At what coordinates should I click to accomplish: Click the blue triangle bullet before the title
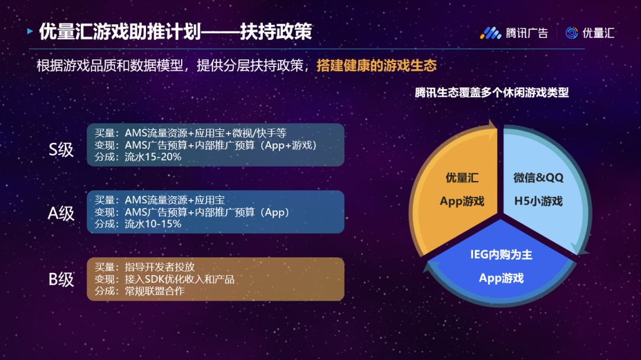(x=30, y=31)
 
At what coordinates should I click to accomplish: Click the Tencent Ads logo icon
(x=491, y=33)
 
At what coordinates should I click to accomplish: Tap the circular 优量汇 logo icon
(x=572, y=33)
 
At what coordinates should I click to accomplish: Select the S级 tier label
(x=61, y=149)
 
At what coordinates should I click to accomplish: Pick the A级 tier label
(x=61, y=214)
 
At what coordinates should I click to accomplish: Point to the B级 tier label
(x=61, y=280)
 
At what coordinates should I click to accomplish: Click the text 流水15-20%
(x=153, y=157)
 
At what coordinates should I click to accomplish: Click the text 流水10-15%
(x=153, y=224)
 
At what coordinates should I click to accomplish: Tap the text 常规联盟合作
(x=154, y=291)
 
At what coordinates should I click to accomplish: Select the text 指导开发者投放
(x=160, y=267)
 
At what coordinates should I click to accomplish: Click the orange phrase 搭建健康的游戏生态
(x=376, y=65)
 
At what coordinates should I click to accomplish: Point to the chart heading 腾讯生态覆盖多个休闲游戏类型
(x=492, y=93)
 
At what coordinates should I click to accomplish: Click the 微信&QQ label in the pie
(x=538, y=178)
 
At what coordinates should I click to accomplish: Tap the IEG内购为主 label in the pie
(x=501, y=255)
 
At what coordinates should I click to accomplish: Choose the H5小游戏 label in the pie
(x=538, y=201)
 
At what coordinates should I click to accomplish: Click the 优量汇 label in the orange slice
(x=462, y=178)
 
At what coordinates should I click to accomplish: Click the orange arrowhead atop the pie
(x=493, y=125)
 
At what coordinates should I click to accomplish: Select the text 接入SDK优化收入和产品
(x=179, y=279)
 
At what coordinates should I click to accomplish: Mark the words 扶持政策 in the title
(x=276, y=31)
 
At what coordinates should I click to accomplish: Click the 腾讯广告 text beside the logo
(x=527, y=33)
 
